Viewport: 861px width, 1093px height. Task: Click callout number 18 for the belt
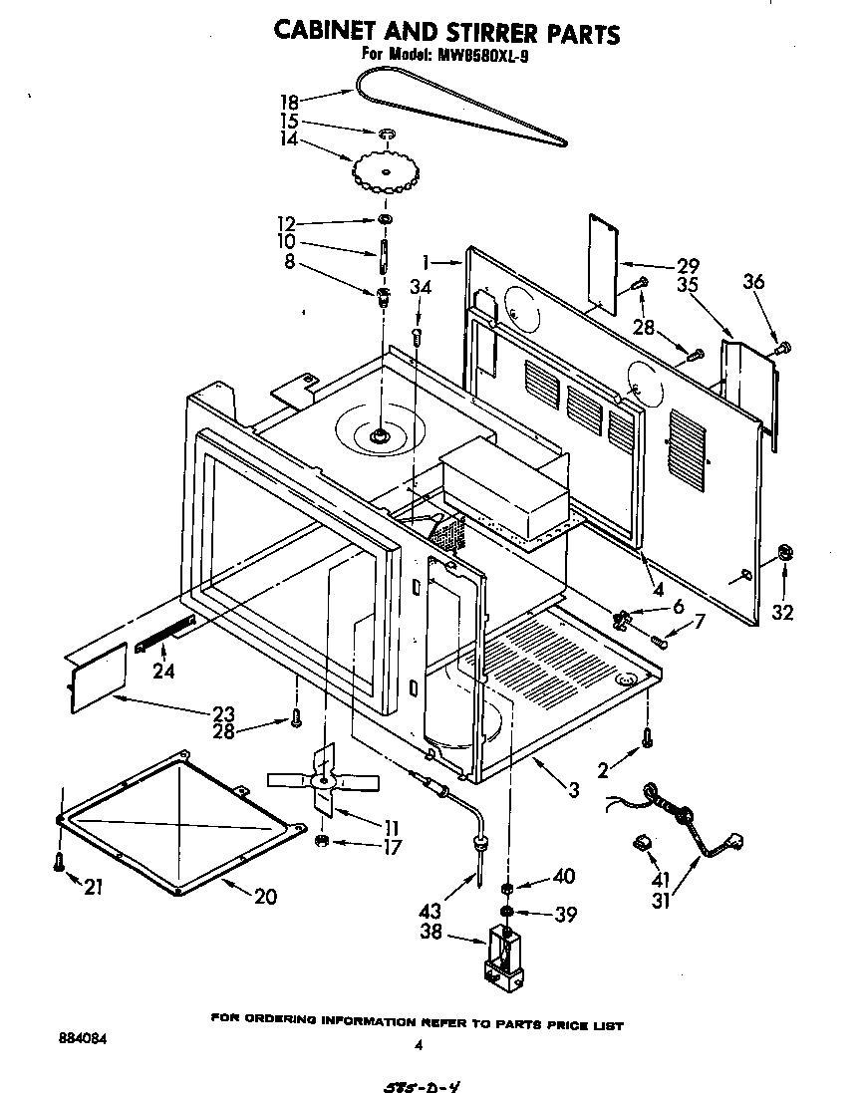pos(289,101)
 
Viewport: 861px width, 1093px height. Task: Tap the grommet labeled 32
pos(784,553)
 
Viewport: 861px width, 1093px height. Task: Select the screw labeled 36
pos(783,347)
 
